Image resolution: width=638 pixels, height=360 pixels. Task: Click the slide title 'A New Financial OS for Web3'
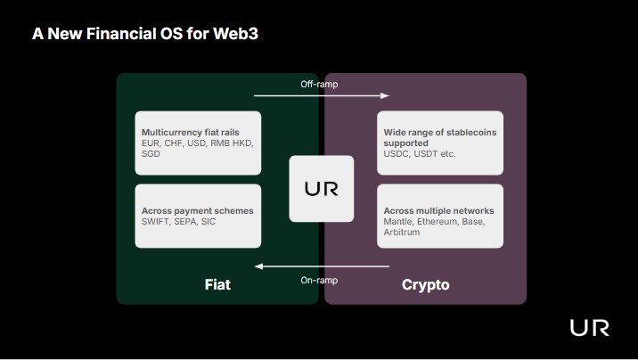[x=145, y=34]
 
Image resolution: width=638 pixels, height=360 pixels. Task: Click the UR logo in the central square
[x=322, y=189]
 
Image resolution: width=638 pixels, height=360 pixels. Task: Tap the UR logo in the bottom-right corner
[x=590, y=328]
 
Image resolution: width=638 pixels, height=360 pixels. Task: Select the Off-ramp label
[x=319, y=84]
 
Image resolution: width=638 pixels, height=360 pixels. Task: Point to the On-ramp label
[x=319, y=281]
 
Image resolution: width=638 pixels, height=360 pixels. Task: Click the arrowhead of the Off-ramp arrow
[x=385, y=95]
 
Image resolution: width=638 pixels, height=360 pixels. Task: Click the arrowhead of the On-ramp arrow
[x=258, y=266]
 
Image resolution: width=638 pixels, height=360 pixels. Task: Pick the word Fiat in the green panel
[x=217, y=284]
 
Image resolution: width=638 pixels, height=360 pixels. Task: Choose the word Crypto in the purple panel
[x=426, y=285]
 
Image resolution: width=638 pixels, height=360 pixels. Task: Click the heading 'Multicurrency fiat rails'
[x=191, y=132]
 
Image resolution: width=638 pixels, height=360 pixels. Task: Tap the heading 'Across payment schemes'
[x=197, y=210]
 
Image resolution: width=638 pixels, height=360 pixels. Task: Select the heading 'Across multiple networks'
[x=438, y=210]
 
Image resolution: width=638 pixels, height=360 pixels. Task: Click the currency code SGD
[x=151, y=154]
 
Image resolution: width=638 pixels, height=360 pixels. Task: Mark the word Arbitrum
[x=402, y=233]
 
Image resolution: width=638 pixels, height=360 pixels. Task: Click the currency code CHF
[x=174, y=143]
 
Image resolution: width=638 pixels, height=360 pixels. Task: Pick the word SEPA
[x=185, y=222]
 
